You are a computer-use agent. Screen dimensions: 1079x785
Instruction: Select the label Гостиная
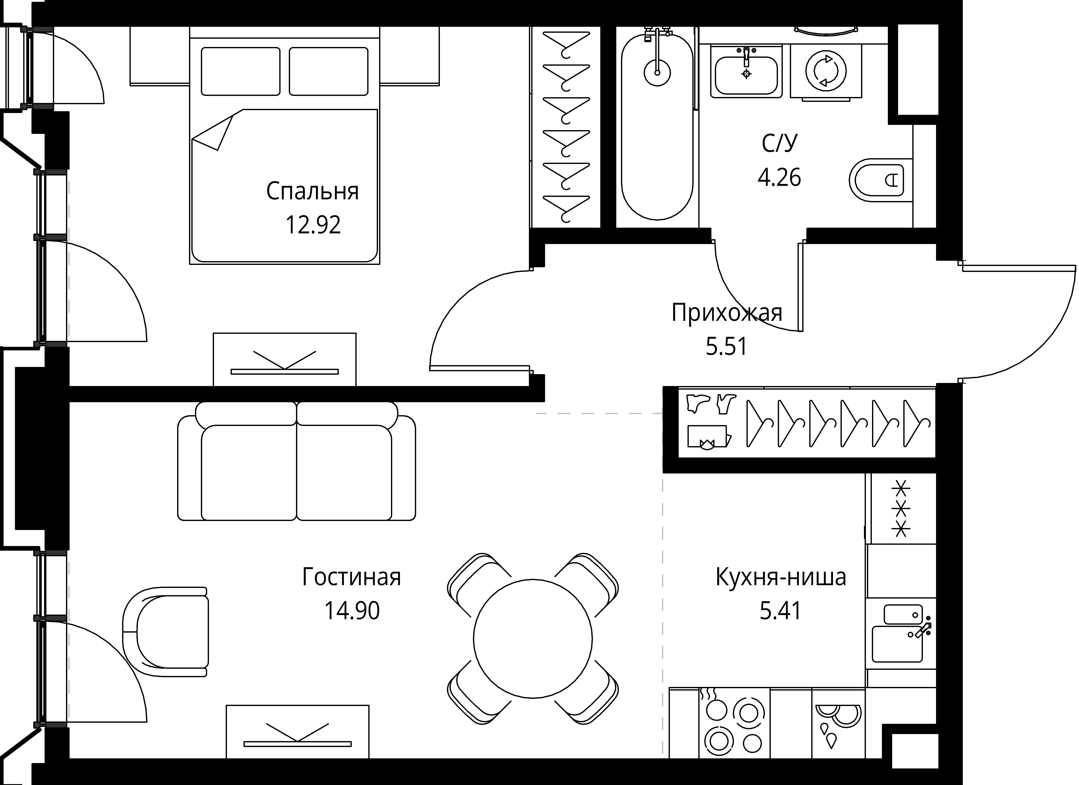point(352,577)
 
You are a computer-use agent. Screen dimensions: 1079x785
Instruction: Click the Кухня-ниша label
point(781,577)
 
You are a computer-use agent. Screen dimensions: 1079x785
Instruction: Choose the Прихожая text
point(727,313)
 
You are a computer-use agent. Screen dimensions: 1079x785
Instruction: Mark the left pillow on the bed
point(240,71)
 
